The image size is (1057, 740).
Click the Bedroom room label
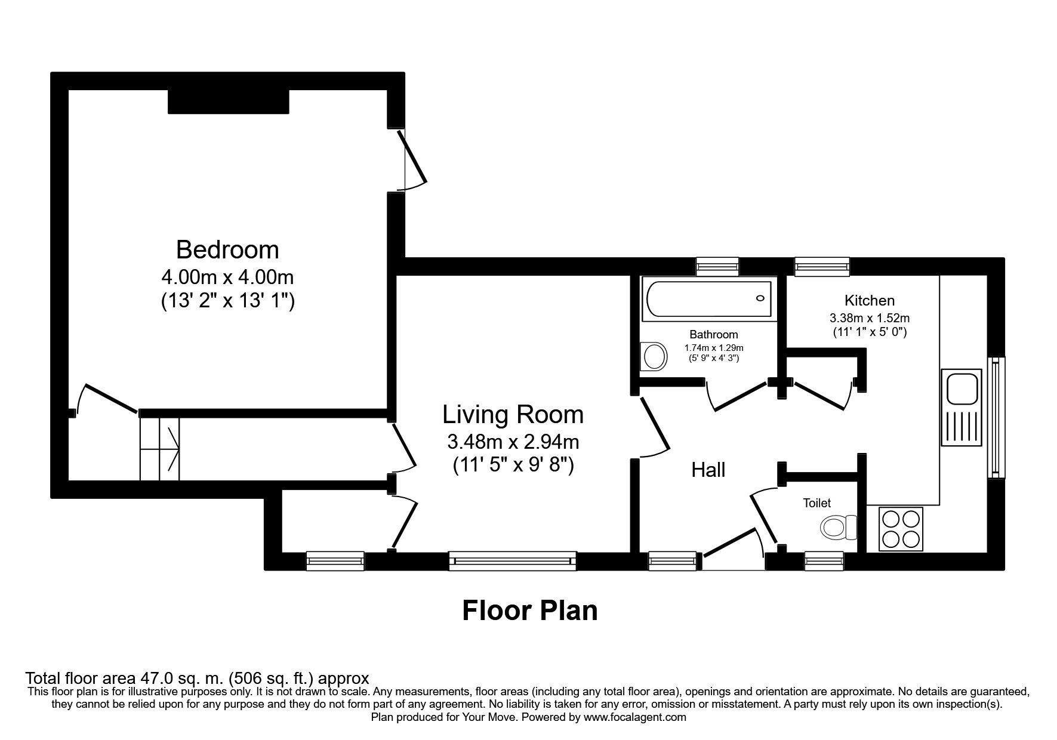pyautogui.click(x=227, y=249)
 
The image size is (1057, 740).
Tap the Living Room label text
pyautogui.click(x=513, y=414)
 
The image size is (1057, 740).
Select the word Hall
pyautogui.click(x=708, y=470)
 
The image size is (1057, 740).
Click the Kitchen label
pyautogui.click(x=870, y=300)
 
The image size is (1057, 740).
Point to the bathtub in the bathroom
pyautogui.click(x=708, y=298)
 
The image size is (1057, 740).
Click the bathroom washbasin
pyautogui.click(x=654, y=357)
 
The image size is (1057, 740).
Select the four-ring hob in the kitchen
pyautogui.click(x=901, y=529)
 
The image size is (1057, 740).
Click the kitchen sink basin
pyautogui.click(x=961, y=388)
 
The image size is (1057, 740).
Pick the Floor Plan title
pyautogui.click(x=530, y=610)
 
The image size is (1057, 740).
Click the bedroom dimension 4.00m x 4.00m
pyautogui.click(x=227, y=277)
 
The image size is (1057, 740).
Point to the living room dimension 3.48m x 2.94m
pyautogui.click(x=513, y=442)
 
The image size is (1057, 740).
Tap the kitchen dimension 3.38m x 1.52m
pyautogui.click(x=870, y=318)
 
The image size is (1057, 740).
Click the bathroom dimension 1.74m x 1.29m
pyautogui.click(x=714, y=347)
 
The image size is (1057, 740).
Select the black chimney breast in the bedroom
pyautogui.click(x=229, y=101)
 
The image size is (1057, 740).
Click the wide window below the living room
pyautogui.click(x=513, y=561)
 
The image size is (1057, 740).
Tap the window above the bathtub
pyautogui.click(x=717, y=266)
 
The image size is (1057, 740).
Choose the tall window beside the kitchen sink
pyautogui.click(x=996, y=417)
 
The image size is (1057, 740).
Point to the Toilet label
pyautogui.click(x=816, y=503)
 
